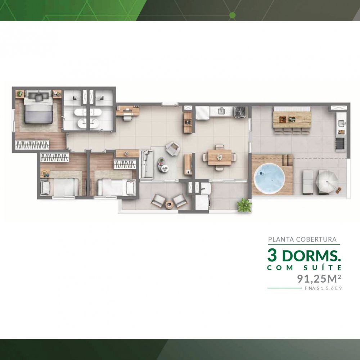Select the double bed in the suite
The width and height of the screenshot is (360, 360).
point(38,107)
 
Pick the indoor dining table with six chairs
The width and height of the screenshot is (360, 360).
point(219,157)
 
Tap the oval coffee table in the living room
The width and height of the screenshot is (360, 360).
point(163,165)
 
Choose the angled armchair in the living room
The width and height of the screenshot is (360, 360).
point(173,149)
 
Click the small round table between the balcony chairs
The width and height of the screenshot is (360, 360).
point(169,205)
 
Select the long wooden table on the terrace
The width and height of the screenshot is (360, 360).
point(292,120)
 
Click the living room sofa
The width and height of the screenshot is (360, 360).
point(147,164)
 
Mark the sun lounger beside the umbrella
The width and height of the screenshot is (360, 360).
point(308,182)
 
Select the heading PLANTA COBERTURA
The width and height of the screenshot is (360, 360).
point(302,239)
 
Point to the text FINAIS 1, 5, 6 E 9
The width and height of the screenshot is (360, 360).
point(323,288)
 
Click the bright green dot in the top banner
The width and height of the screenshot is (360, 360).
point(232,15)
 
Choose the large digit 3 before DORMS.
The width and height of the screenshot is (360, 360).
point(272,255)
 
